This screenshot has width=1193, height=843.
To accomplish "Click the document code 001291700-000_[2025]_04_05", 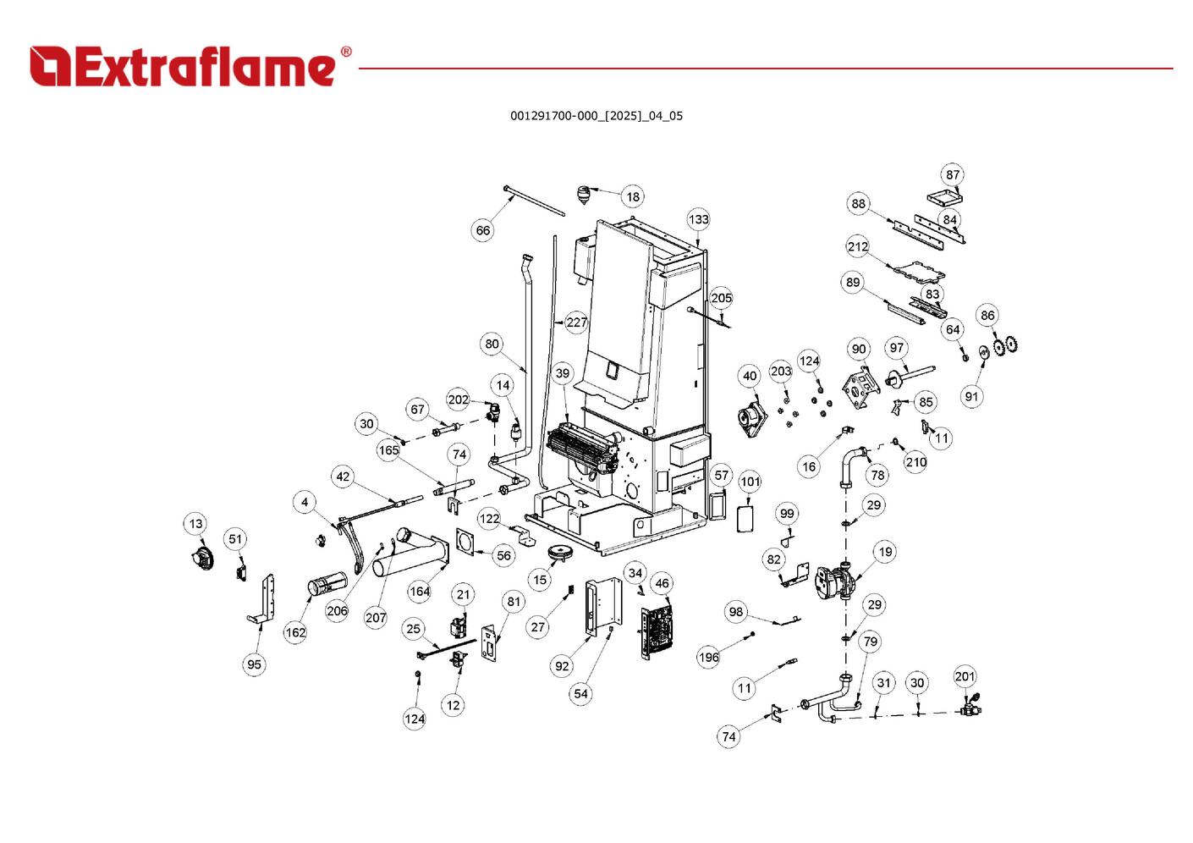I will pos(596,116).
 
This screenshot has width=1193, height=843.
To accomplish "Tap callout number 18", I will pos(633,196).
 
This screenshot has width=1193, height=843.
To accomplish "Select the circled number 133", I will pos(698,219).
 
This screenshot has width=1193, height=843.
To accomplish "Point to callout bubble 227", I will pos(577,322).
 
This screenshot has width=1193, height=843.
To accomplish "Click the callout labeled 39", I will pos(563,373).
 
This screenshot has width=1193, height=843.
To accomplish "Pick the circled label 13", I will pos(195,524).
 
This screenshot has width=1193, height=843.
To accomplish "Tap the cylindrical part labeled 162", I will pos(327,584).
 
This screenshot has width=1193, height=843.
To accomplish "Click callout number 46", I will pos(662,583).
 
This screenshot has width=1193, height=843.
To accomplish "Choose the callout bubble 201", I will pos(965,676).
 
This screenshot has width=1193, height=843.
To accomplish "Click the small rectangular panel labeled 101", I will pos(746,518).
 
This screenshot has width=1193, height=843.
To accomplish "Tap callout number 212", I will pos(858,246).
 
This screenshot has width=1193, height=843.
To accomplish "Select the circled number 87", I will pos(954,175).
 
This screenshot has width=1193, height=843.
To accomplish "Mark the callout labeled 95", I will pos(255,664).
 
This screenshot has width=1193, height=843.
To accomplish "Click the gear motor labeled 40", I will pos(750,416).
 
